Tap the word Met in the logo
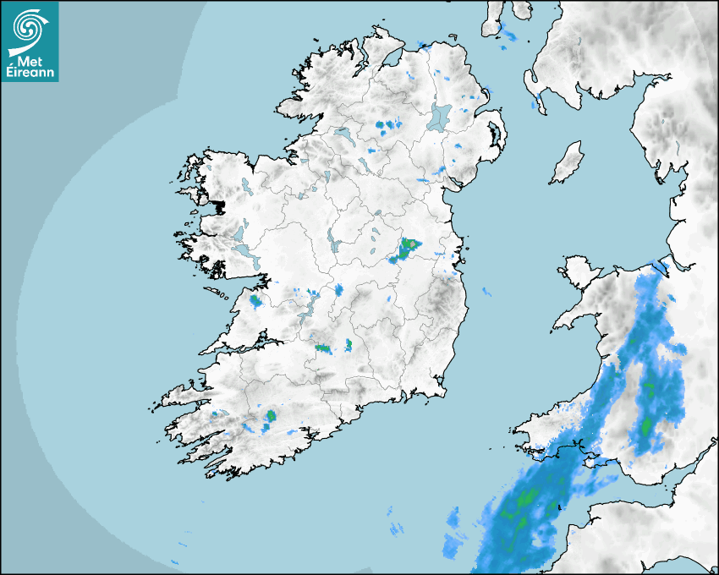(29, 61)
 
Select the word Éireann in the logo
(29, 74)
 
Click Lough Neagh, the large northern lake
(440, 116)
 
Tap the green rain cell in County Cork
(272, 415)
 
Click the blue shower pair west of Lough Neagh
(388, 126)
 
